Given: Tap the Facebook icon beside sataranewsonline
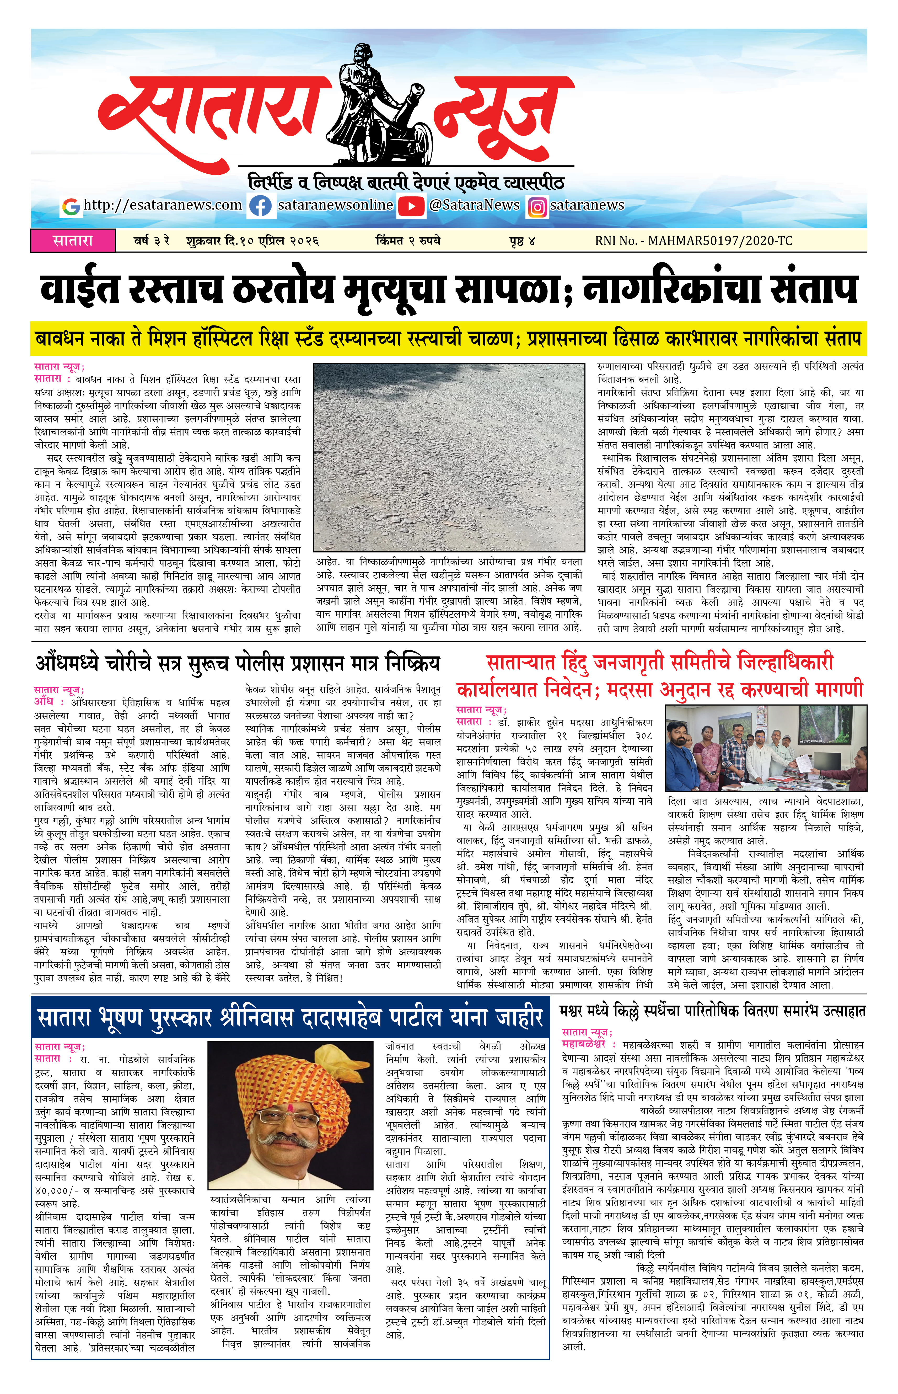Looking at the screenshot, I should coord(260,206).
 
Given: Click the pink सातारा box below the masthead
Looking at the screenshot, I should coord(73,240).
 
